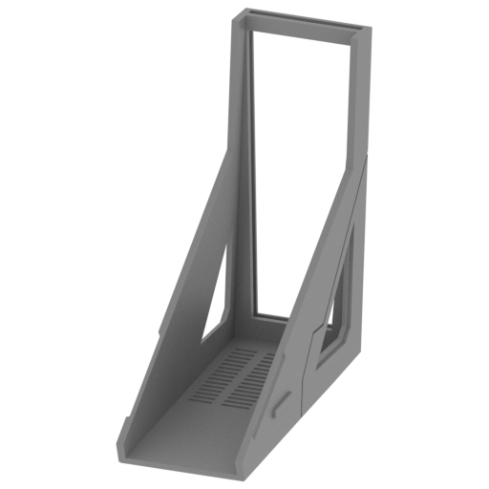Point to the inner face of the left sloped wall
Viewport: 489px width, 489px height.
(181, 344)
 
